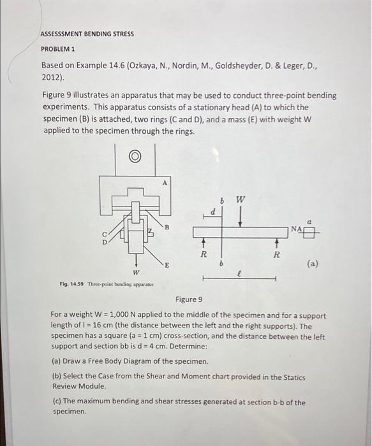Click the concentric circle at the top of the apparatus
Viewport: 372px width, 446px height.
coord(135,156)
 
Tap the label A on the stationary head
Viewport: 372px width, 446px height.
coord(165,182)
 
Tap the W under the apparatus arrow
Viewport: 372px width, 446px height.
coord(135,272)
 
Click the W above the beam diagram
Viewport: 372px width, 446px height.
coord(239,199)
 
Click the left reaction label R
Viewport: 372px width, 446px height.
coord(204,254)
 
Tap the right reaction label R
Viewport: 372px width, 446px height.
coord(276,254)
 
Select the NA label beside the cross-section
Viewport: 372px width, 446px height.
coord(296,227)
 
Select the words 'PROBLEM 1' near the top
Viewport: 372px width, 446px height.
coord(58,48)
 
